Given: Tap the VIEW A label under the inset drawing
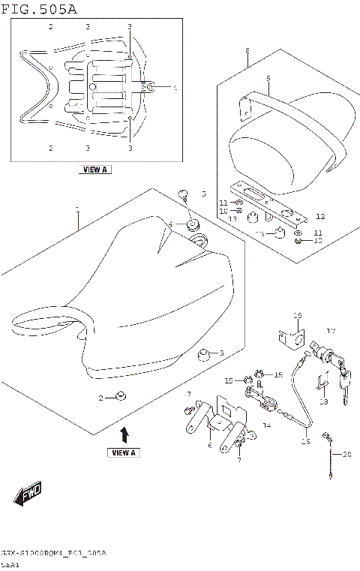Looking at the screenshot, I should click(94, 170).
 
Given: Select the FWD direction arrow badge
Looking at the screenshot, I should click(28, 494).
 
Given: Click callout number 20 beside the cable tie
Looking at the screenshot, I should click(346, 455).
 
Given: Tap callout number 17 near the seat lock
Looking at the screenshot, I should click(331, 331).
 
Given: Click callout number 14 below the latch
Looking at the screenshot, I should click(265, 425).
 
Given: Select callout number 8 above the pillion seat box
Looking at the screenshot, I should click(247, 51).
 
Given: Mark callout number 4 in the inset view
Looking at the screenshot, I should click(175, 88).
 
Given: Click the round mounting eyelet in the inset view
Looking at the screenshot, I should click(150, 88).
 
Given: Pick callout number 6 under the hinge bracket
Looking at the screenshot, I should click(210, 446).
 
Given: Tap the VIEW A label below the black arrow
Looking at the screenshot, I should click(124, 453).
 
